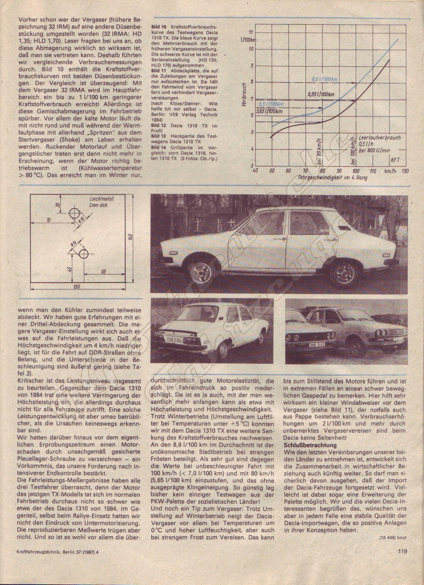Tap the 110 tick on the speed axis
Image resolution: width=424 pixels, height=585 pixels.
tap(373, 171)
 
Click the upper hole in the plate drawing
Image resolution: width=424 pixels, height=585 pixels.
tap(75, 214)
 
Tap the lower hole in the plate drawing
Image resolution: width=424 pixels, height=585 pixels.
tap(84, 253)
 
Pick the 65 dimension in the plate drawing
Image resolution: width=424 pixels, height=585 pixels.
tap(104, 272)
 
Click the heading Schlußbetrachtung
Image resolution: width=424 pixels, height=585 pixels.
tap(310, 444)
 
